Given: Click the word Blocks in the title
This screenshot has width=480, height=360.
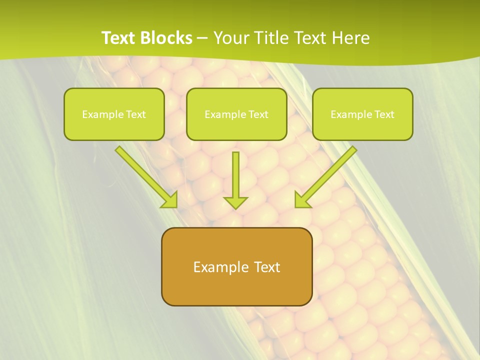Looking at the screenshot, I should [168, 38].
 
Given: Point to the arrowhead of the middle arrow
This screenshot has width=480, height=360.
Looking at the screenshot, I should [235, 202].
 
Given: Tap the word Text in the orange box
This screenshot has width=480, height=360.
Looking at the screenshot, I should [265, 267].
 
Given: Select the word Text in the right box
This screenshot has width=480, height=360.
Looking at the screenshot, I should [384, 114].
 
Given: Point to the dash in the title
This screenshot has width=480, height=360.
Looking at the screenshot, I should [202, 38].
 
